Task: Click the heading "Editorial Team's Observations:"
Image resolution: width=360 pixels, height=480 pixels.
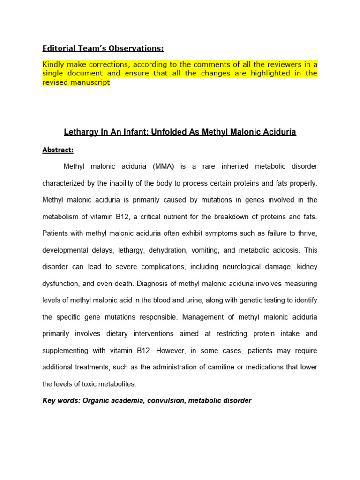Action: pos(103,48)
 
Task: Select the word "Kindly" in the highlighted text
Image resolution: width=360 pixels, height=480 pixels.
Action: pos(54,64)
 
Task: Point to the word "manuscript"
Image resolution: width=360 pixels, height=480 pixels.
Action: pos(90,82)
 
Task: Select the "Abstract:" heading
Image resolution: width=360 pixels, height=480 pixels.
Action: pos(58,150)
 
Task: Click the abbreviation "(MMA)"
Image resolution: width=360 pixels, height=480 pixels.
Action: pos(162,166)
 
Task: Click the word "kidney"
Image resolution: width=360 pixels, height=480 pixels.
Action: pos(307,267)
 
